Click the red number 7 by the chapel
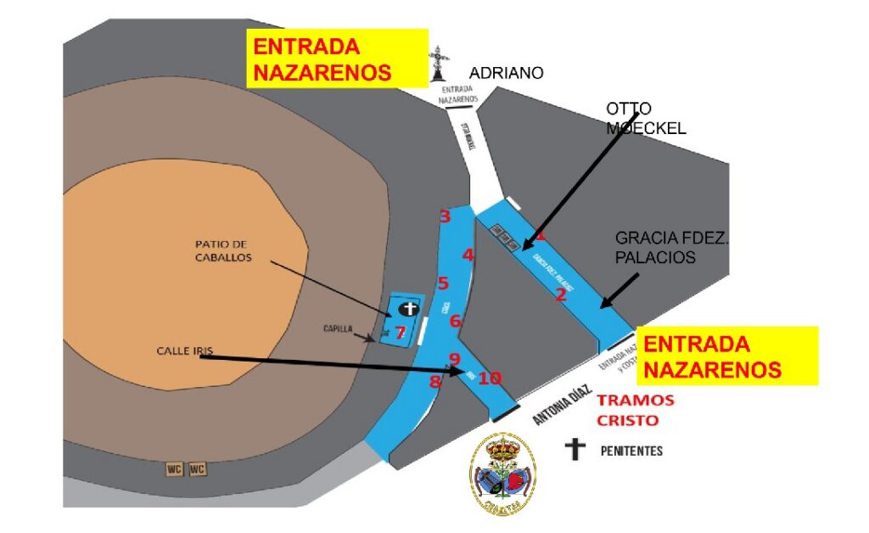(400, 332)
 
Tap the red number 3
(444, 216)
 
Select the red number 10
(489, 379)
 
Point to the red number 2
(560, 295)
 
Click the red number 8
(436, 382)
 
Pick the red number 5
(443, 283)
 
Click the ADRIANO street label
(506, 73)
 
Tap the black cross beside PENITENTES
(576, 449)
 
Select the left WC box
(176, 468)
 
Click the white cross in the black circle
(411, 308)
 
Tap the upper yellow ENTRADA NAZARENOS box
(337, 59)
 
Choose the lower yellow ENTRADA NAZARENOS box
(726, 356)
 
